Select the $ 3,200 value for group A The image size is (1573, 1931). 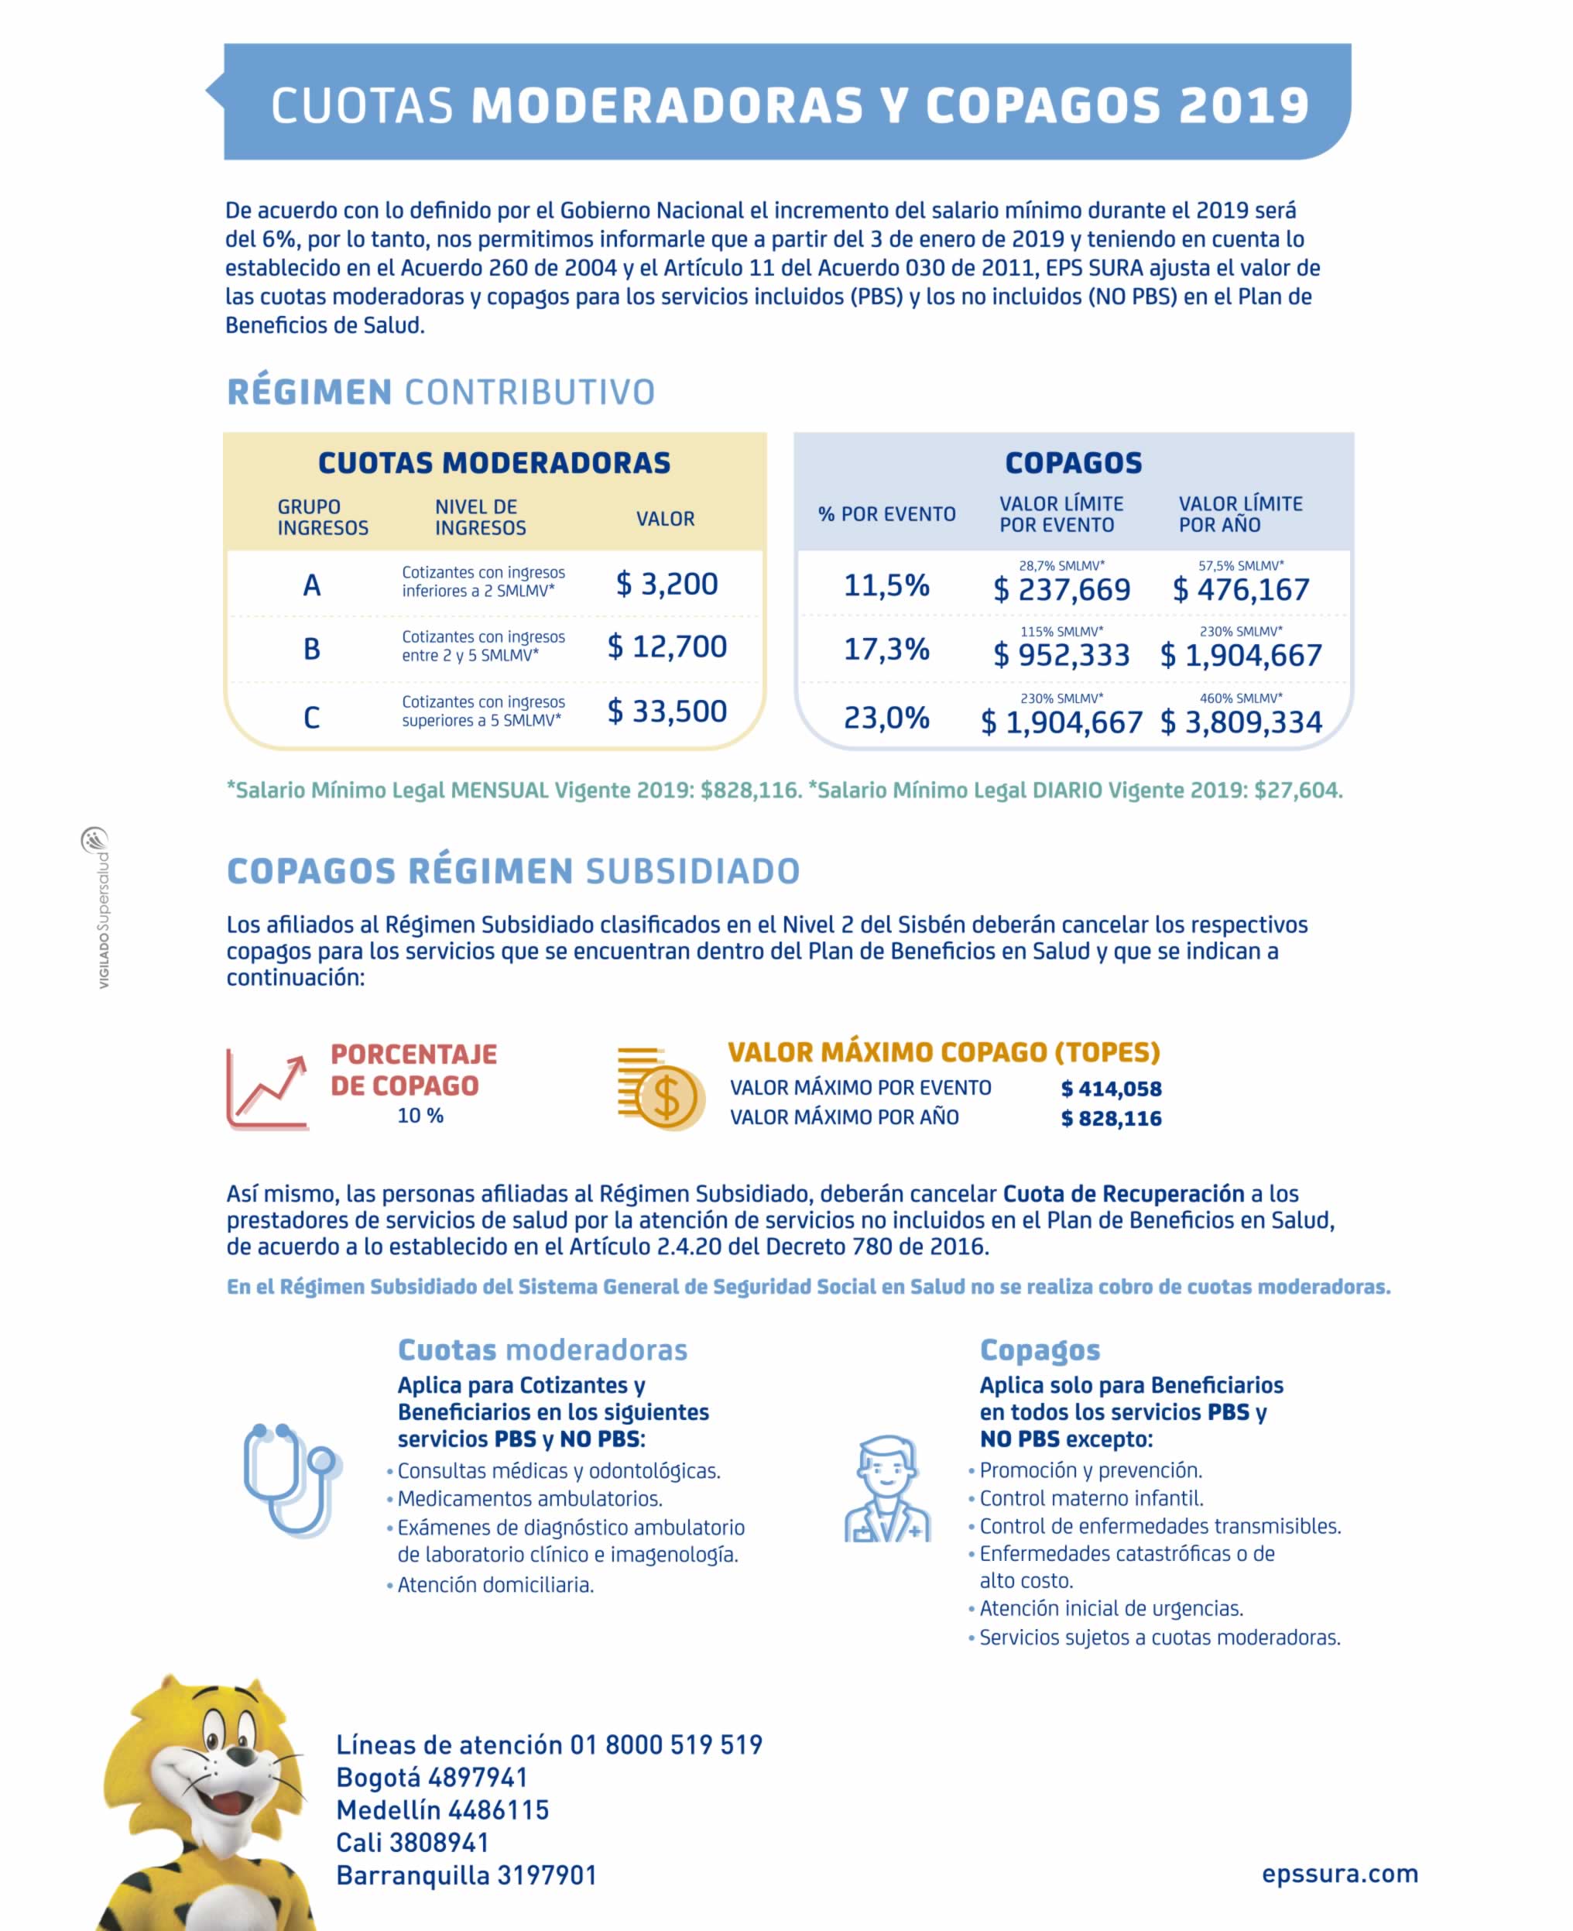[667, 584]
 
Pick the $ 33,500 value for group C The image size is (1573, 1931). [667, 712]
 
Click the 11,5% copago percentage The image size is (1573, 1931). [886, 585]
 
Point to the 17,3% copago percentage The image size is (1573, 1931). [886, 649]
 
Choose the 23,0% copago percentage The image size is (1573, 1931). [886, 718]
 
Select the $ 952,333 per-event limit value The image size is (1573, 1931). [1061, 655]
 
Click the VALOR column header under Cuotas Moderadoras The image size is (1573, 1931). [665, 520]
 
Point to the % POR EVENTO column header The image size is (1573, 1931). [886, 515]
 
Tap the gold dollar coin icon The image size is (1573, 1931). [663, 1090]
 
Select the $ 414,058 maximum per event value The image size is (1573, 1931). [1111, 1089]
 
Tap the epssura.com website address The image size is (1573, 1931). [1339, 1873]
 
